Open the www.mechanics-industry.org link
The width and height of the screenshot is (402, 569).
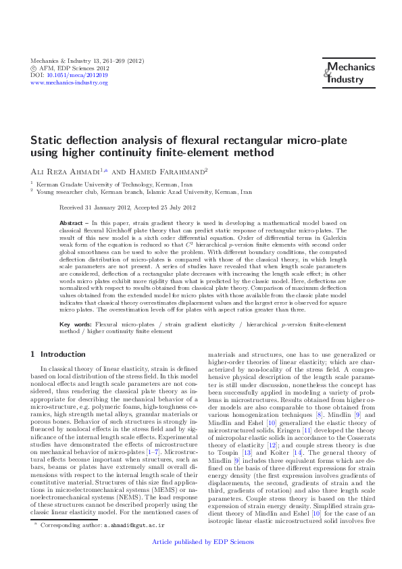point(70,82)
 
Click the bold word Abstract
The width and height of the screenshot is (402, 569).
point(71,222)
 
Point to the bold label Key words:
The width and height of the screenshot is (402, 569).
point(76,324)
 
